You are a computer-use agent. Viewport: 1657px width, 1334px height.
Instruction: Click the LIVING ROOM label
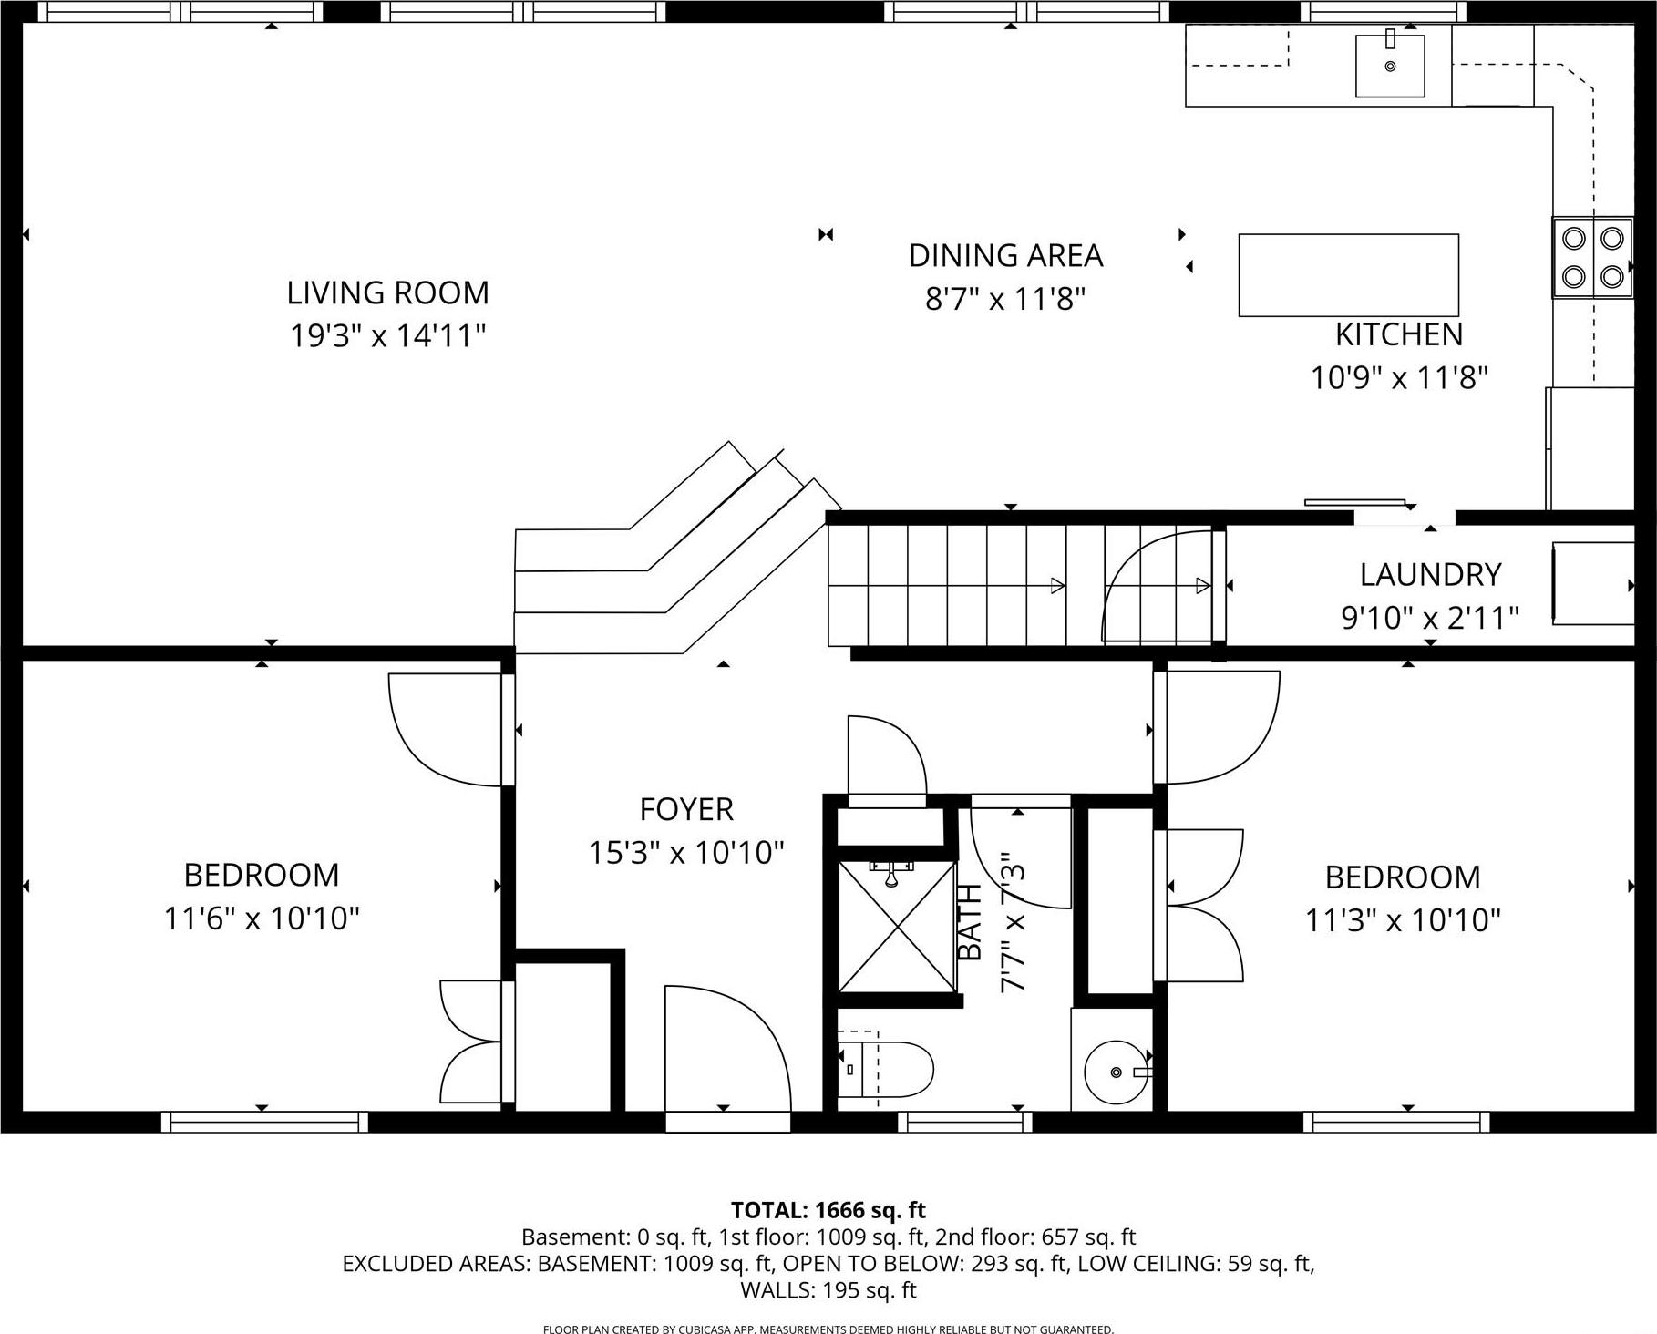click(387, 293)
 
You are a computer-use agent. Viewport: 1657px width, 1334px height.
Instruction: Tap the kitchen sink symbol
click(1389, 65)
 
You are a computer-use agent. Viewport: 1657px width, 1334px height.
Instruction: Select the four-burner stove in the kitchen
click(1592, 257)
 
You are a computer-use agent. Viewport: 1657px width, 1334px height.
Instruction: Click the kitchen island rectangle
click(1348, 275)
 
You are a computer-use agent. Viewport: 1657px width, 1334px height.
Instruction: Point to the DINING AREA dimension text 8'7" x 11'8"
click(1005, 299)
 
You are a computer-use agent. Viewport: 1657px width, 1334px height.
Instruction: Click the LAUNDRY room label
click(1430, 575)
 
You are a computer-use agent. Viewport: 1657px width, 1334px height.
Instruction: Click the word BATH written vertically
click(971, 921)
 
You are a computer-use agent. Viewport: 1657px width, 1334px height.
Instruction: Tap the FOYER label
click(686, 809)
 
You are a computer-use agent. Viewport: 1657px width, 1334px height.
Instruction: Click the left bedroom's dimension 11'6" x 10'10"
click(262, 918)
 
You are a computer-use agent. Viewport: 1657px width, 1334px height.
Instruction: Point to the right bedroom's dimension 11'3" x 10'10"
click(1403, 921)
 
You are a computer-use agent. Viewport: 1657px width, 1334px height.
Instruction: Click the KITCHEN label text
click(1398, 335)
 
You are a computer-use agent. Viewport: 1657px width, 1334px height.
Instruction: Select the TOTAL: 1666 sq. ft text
click(828, 1210)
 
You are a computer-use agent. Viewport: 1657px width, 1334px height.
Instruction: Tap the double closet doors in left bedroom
click(471, 1042)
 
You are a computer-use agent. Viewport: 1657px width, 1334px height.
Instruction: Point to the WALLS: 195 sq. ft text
click(828, 1290)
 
